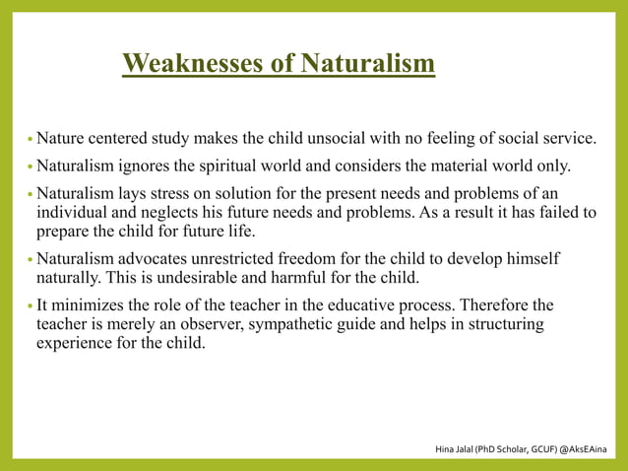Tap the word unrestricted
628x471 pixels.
click(x=239, y=258)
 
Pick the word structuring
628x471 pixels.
click(x=502, y=324)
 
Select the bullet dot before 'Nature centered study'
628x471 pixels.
click(x=30, y=138)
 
